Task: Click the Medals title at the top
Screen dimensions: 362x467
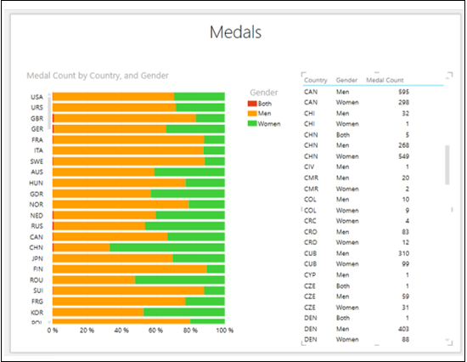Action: (235, 33)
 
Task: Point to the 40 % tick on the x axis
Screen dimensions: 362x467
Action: (121, 331)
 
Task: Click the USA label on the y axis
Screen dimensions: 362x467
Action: (37, 97)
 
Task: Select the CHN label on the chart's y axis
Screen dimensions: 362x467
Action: (37, 247)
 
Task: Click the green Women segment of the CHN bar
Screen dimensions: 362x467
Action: (166, 247)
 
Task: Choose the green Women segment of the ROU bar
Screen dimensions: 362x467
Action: (179, 280)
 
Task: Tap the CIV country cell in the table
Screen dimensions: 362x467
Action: (311, 167)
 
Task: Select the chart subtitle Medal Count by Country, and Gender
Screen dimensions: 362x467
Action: (98, 76)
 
